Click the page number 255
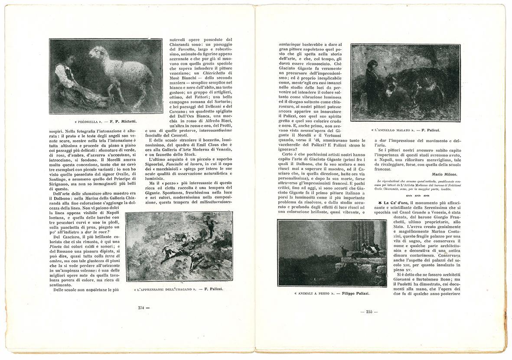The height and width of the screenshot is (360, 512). [x=369, y=311]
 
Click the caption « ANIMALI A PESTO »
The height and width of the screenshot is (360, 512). [x=314, y=294]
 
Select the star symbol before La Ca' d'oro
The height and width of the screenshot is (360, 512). [x=380, y=202]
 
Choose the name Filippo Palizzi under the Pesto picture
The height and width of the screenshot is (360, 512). [x=355, y=294]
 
